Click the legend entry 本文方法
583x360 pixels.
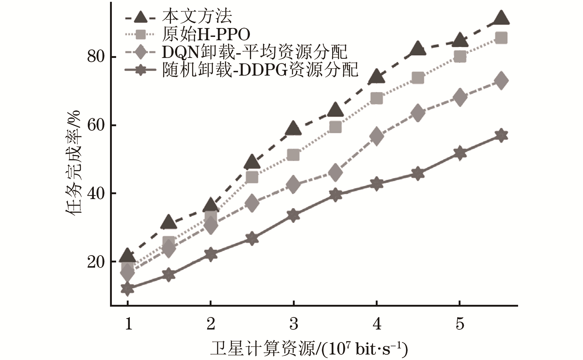(197, 16)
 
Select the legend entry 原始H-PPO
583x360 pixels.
(206, 34)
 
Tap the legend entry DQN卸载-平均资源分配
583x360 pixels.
(254, 52)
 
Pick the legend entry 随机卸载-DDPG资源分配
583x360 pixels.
(260, 70)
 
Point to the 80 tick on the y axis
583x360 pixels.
(96, 57)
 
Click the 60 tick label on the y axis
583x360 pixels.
(96, 125)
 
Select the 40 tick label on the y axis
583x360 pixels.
(96, 193)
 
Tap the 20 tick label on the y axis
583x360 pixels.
(96, 262)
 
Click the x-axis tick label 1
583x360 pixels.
(128, 323)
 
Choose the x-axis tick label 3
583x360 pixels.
(293, 323)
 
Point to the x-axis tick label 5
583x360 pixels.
(460, 323)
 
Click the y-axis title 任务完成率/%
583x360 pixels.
(73, 163)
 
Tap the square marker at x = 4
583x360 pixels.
(377, 98)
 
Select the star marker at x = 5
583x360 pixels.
(460, 153)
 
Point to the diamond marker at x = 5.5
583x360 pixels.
(501, 81)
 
